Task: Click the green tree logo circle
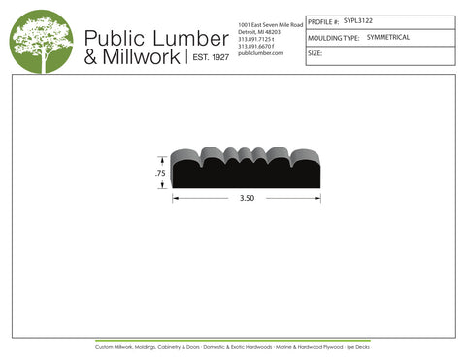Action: [41, 42]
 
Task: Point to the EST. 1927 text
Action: [209, 58]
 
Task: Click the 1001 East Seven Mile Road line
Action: [270, 22]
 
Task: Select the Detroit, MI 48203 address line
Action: [259, 30]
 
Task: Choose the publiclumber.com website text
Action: [259, 53]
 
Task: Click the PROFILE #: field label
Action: [322, 20]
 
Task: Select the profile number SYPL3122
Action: [358, 19]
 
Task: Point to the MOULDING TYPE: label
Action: [333, 38]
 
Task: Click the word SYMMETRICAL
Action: [388, 37]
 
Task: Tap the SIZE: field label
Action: [315, 53]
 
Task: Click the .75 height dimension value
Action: [159, 173]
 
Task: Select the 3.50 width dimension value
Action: [247, 198]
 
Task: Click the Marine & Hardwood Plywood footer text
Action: [313, 345]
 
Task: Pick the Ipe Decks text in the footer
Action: [358, 345]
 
